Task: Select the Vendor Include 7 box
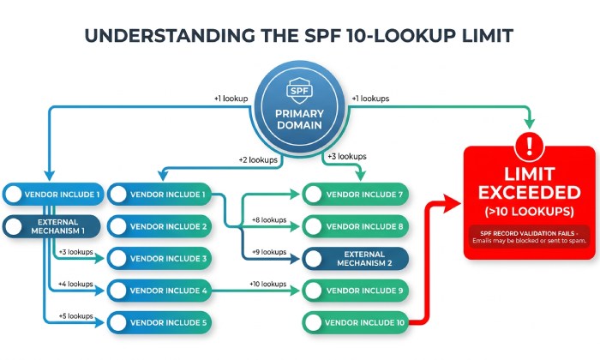(x=356, y=195)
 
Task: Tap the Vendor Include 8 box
(x=356, y=227)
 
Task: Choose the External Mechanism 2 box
(x=356, y=259)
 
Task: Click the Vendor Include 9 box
(x=356, y=291)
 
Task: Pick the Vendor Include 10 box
(x=356, y=323)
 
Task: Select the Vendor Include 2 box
(x=159, y=227)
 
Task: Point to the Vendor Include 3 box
(x=159, y=259)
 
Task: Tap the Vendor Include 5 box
(x=159, y=323)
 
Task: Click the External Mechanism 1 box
(x=54, y=226)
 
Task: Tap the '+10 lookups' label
(x=269, y=284)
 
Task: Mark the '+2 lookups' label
(x=258, y=159)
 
